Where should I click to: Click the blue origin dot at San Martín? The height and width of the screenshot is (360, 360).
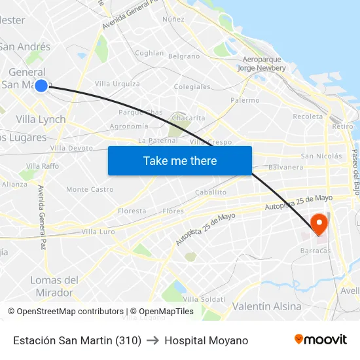tap(41, 85)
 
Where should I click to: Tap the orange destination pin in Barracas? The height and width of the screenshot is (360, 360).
tap(319, 224)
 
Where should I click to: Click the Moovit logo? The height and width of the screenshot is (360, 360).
tap(321, 340)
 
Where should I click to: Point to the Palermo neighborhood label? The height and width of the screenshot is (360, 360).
tap(245, 100)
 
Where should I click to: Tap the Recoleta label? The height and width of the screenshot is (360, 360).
tap(308, 117)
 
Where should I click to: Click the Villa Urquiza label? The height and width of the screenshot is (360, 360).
tap(117, 84)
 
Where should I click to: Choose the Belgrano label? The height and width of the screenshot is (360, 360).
tap(184, 56)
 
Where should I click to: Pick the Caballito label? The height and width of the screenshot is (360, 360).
tap(211, 192)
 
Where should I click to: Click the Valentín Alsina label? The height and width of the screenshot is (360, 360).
tap(267, 306)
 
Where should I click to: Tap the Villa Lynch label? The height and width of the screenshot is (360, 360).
tap(41, 119)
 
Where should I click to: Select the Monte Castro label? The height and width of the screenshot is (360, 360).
tap(90, 189)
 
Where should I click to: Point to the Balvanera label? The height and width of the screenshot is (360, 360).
tap(286, 167)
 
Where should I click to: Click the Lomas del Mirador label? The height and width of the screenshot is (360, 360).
tap(54, 286)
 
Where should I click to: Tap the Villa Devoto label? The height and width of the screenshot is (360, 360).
tap(71, 148)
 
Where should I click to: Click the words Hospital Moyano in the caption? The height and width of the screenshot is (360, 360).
tap(206, 340)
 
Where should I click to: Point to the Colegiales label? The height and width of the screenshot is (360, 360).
tap(192, 86)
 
